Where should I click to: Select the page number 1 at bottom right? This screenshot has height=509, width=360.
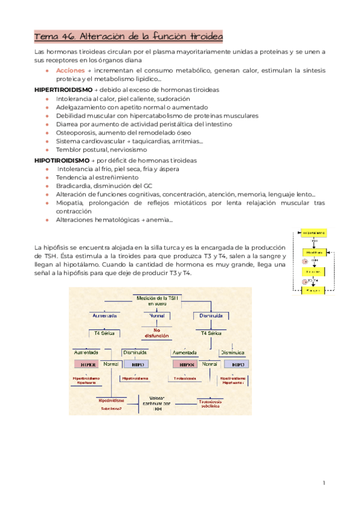323,483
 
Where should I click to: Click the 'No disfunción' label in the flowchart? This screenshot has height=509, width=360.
157,333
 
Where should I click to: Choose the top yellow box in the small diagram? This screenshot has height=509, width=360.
313,232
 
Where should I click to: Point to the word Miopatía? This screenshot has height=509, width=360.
70,203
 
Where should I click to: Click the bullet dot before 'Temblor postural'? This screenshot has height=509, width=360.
47,149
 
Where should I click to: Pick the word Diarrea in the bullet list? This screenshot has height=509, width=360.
68,124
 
